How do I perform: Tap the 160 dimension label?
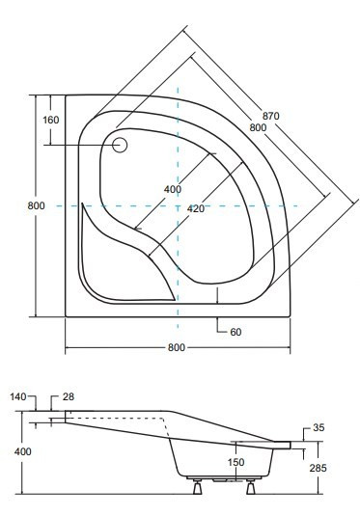(51, 120)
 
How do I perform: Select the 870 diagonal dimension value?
(271, 116)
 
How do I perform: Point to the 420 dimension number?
(196, 208)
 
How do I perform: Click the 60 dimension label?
(235, 332)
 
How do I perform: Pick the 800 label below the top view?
(177, 347)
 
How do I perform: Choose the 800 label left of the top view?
(37, 206)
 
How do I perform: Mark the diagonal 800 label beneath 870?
(258, 127)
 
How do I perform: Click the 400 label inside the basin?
(173, 189)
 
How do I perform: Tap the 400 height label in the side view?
(23, 451)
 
